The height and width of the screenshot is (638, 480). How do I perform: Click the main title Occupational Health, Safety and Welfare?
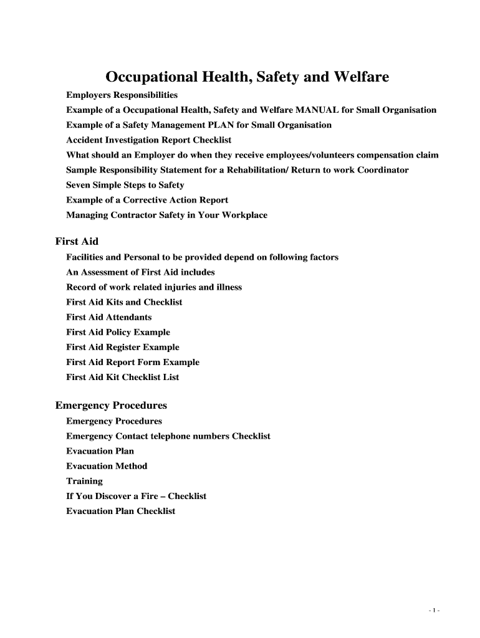[247, 77]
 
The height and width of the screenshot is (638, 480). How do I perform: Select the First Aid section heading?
[77, 241]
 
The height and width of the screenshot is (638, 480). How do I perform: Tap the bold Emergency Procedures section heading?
[111, 406]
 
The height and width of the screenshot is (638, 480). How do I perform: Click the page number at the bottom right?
[434, 611]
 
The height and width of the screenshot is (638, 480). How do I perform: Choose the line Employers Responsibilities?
[122, 95]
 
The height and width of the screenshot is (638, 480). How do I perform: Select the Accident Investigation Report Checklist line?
[148, 140]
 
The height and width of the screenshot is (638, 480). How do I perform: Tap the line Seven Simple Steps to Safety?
[125, 185]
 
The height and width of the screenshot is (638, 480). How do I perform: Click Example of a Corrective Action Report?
[147, 200]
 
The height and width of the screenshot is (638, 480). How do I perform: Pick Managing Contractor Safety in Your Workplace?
[166, 215]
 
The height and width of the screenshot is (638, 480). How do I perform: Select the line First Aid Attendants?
[108, 317]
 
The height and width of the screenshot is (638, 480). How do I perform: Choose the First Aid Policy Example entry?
[118, 332]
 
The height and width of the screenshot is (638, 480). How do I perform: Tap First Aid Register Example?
[122, 347]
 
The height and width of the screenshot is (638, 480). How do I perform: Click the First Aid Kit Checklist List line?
[122, 377]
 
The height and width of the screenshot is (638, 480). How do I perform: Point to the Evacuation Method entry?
[107, 466]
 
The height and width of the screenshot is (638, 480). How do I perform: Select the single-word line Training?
[84, 481]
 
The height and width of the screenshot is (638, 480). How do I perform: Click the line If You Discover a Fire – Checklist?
[136, 496]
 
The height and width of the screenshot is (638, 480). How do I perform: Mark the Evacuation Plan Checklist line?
[120, 511]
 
